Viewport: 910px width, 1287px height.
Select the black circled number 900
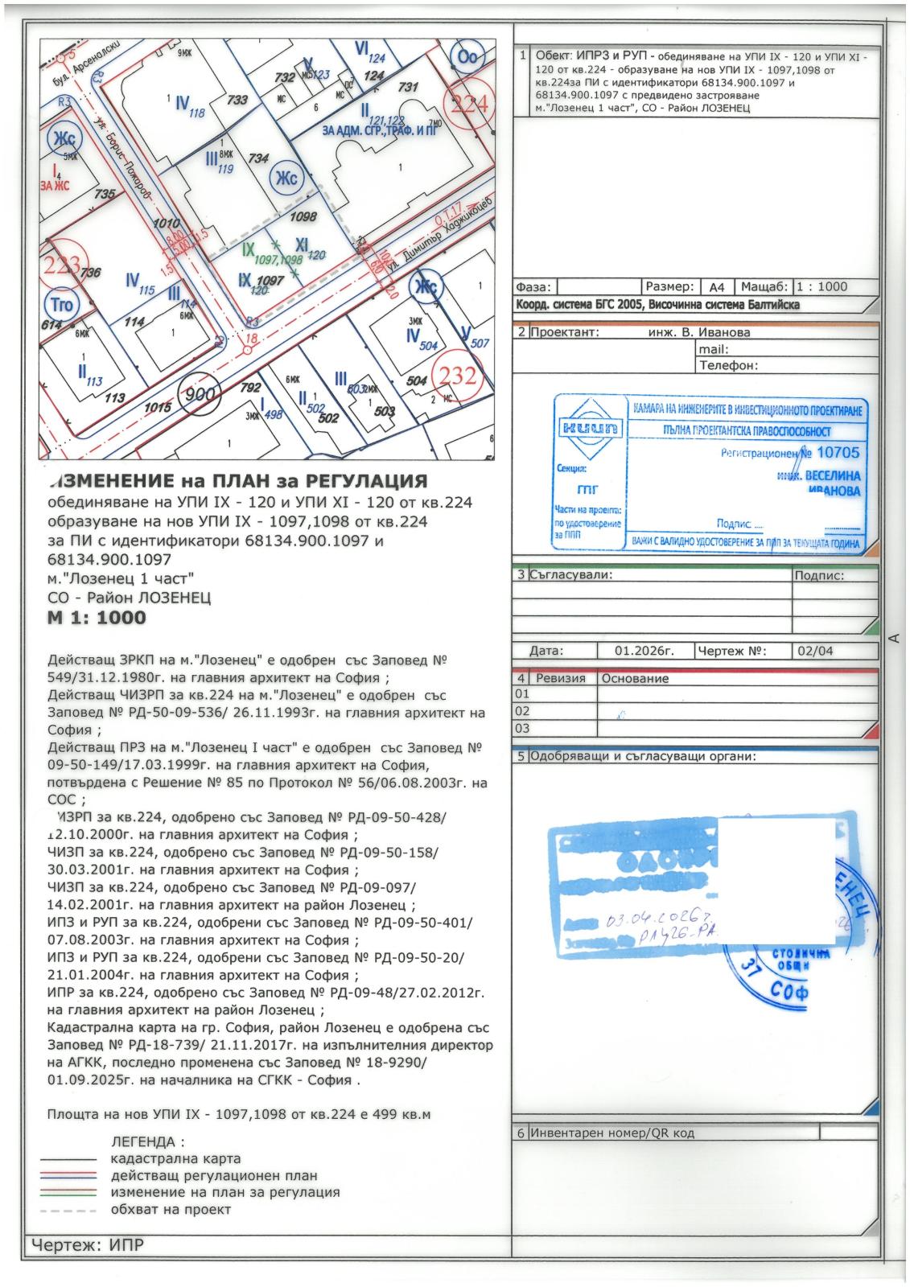tap(200, 395)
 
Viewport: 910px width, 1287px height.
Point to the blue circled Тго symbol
tap(61, 304)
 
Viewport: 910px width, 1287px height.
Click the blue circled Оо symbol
tap(468, 58)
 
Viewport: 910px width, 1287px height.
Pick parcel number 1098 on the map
tap(303, 216)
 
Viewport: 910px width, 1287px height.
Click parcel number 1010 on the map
tap(165, 223)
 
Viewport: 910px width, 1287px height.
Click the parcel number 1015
tap(158, 408)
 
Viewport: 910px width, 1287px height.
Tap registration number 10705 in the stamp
tap(837, 453)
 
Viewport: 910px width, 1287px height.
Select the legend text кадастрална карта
tap(175, 1158)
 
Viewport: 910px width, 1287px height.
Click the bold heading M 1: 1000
tap(97, 617)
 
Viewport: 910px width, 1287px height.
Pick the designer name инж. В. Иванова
tap(698, 332)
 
